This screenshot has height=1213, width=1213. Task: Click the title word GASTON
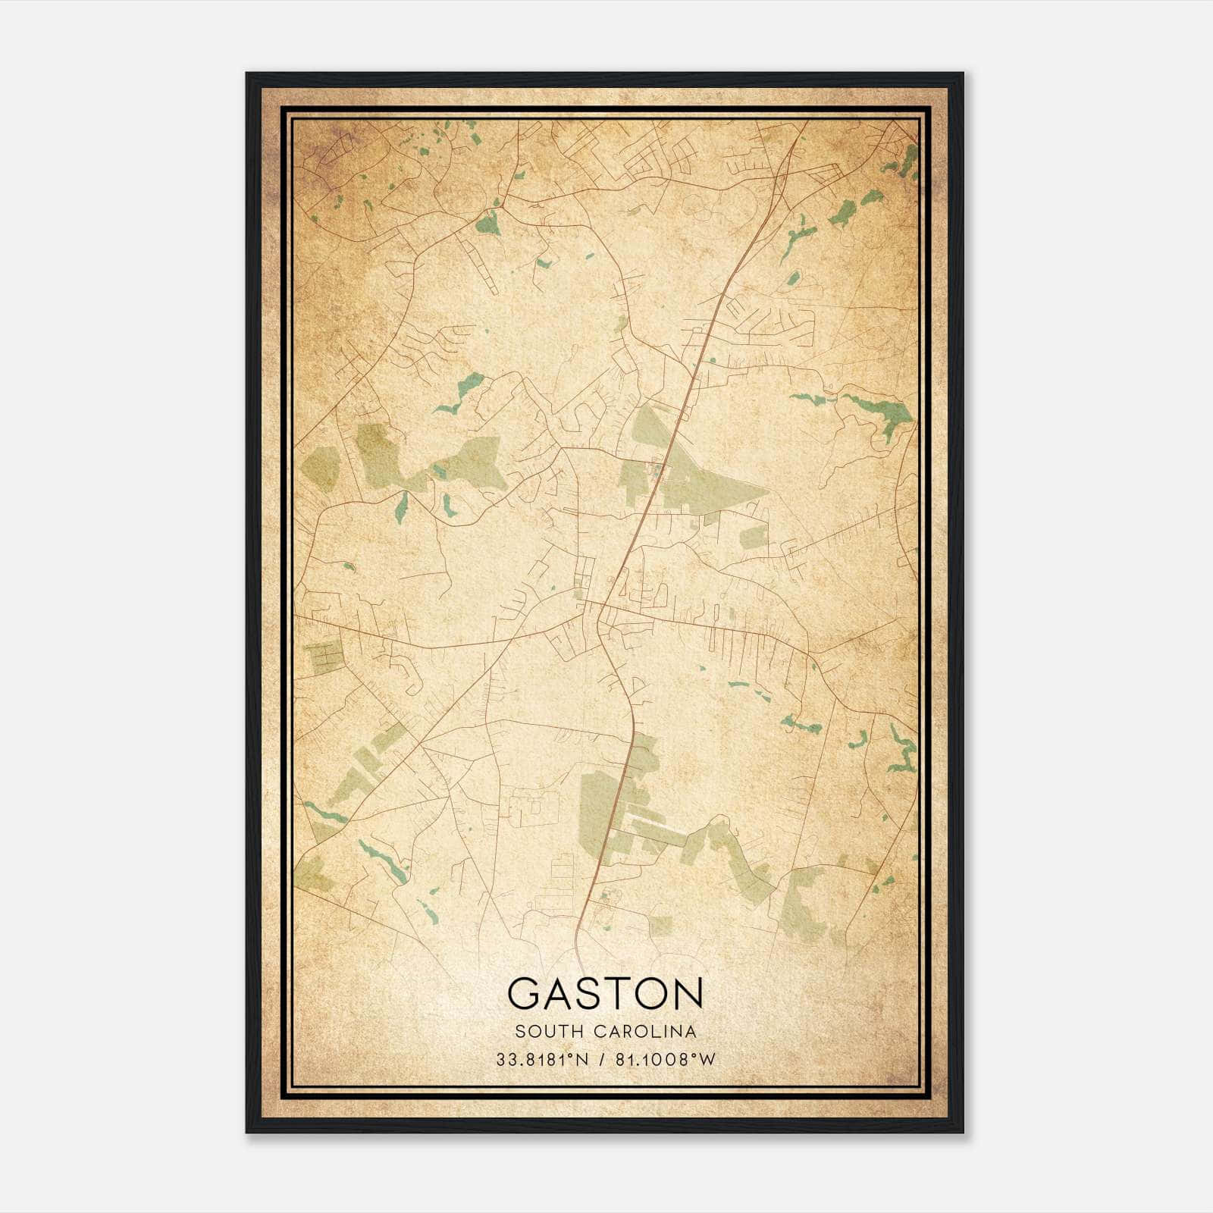click(x=605, y=994)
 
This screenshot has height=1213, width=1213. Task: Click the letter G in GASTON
click(x=524, y=994)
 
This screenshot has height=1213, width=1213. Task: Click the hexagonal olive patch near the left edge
click(x=321, y=467)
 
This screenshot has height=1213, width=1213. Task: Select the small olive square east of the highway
click(x=754, y=537)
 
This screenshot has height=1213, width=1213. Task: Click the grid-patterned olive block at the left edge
click(x=324, y=657)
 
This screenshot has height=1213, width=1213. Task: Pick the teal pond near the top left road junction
click(x=486, y=223)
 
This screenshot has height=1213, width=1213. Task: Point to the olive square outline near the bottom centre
click(x=660, y=926)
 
